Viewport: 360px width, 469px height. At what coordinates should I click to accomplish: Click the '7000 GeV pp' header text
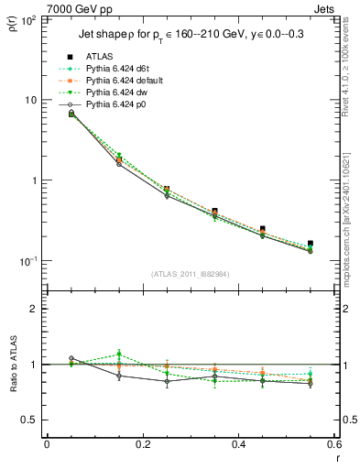(74, 8)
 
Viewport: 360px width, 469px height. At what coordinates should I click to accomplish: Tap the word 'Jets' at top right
(324, 8)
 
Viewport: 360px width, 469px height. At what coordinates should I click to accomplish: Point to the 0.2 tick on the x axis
(142, 444)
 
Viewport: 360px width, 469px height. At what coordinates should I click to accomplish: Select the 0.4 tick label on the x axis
(238, 444)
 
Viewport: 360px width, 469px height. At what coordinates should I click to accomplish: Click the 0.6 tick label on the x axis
(333, 444)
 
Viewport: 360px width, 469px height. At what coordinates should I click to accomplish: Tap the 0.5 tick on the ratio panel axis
(30, 420)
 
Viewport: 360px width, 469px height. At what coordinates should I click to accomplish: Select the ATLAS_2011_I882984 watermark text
(190, 274)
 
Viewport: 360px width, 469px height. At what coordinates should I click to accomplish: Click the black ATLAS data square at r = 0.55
(311, 244)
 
